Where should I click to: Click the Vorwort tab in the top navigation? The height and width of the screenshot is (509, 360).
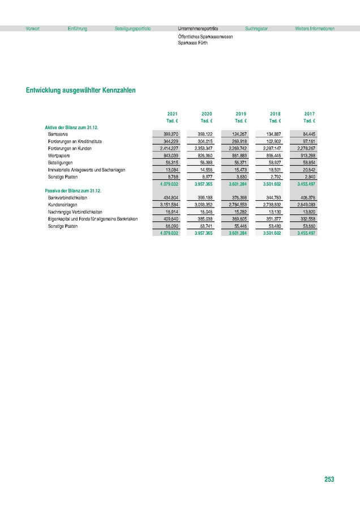pos(33,28)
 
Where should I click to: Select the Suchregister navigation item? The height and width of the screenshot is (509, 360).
pos(256,28)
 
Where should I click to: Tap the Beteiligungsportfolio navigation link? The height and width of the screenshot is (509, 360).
pos(132,28)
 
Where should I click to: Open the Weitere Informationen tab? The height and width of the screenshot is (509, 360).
pos(315,28)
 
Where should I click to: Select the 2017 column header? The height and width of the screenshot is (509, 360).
pos(309,114)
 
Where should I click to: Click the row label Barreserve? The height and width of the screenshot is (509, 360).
pos(58,133)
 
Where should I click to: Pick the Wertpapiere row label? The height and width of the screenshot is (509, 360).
pos(59,155)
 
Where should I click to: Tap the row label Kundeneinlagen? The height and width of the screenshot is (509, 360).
pos(62,205)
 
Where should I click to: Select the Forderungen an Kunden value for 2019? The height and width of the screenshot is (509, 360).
pos(239,148)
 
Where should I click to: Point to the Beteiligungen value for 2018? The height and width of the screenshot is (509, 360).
pos(273,162)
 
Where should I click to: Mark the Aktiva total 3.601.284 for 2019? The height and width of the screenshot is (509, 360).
pos(238,184)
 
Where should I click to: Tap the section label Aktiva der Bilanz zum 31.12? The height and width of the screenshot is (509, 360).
pos(71,127)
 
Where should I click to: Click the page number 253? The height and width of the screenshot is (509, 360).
pos(329,479)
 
